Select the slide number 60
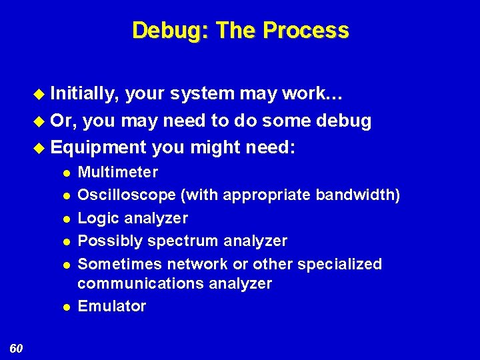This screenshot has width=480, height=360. coord(17,348)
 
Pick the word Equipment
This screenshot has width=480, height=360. coord(98,146)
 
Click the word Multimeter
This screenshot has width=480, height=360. coord(118,173)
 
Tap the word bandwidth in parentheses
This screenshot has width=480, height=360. coord(354,195)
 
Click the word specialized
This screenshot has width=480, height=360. coord(340,264)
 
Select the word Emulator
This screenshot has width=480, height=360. coord(112,306)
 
